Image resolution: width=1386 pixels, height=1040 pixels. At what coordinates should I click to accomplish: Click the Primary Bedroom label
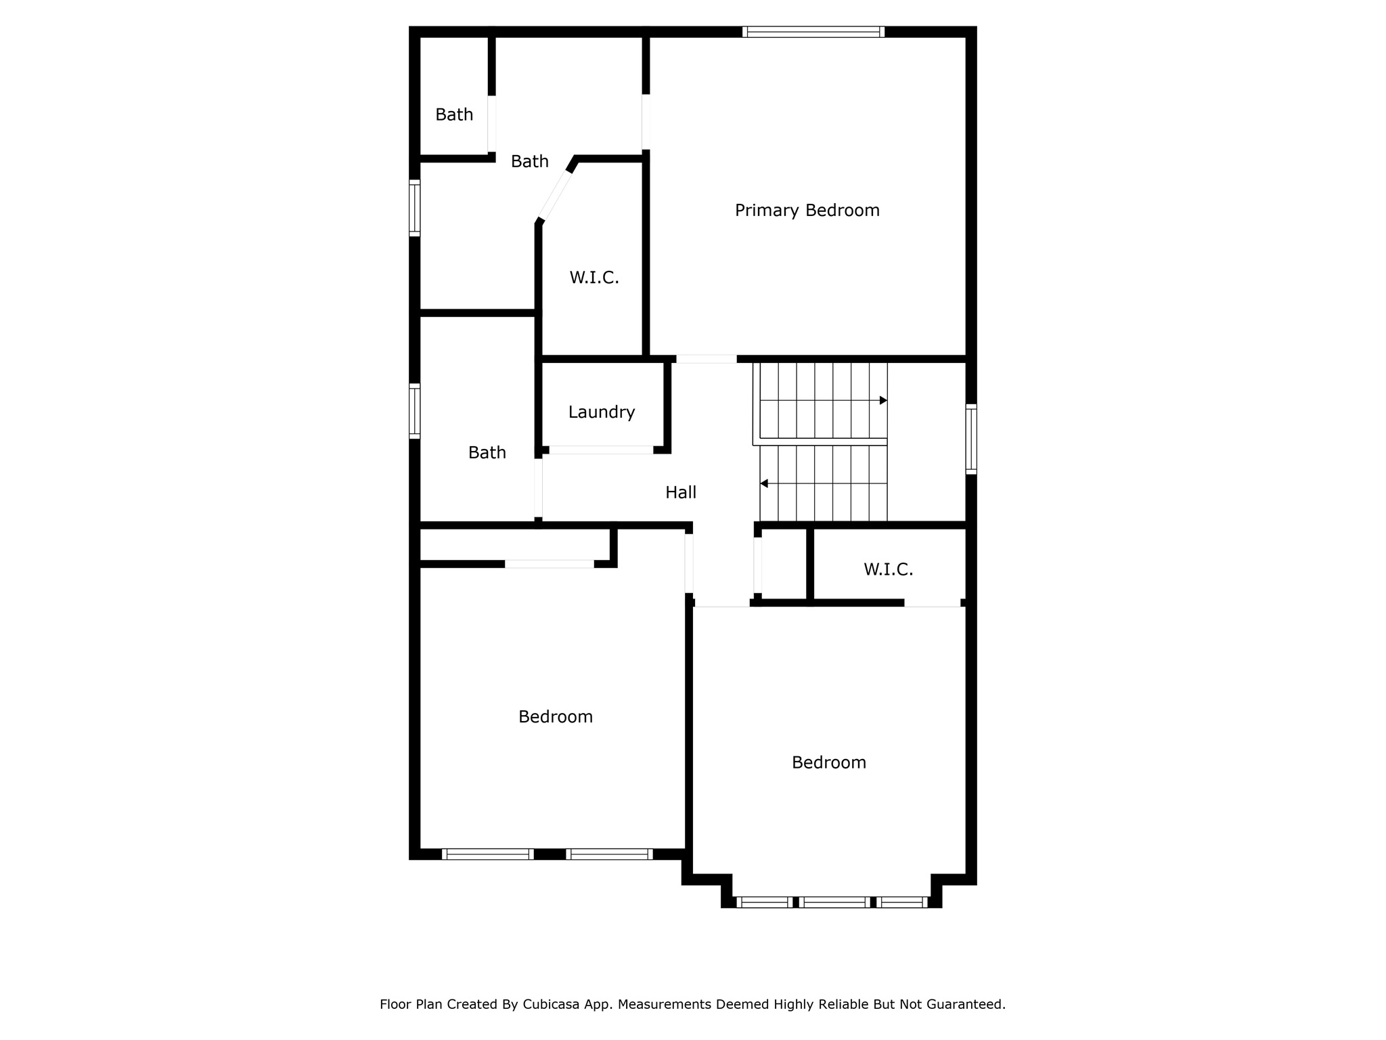click(807, 211)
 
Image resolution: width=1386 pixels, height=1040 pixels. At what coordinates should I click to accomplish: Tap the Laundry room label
click(601, 412)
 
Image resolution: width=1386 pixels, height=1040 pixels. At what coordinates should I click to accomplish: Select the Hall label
click(680, 492)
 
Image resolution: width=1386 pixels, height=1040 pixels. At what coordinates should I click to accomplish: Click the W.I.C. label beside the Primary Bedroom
click(594, 278)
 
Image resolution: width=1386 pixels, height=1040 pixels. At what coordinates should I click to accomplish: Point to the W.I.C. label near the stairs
click(888, 569)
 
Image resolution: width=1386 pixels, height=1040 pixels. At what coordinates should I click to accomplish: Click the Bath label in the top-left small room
click(453, 115)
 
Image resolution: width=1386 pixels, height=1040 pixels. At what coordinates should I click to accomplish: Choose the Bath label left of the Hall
click(487, 452)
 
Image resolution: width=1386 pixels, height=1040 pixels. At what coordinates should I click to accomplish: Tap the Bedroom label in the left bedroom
click(555, 716)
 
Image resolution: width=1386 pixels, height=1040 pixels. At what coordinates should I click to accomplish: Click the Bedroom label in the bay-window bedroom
click(828, 762)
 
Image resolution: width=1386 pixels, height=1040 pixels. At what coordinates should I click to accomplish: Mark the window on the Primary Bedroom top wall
click(813, 32)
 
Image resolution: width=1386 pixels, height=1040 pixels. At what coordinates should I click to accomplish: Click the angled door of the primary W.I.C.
click(555, 196)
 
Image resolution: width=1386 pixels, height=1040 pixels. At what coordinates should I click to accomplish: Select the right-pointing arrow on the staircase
click(882, 401)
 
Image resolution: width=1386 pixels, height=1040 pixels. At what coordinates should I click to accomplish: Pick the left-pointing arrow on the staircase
click(764, 483)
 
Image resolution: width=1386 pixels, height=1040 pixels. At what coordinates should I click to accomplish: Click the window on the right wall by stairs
click(970, 439)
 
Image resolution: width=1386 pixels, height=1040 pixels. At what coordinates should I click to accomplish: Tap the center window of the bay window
click(834, 902)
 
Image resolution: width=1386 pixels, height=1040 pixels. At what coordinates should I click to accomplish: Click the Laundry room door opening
click(601, 450)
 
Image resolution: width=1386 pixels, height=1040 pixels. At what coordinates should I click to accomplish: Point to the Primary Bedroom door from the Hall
click(706, 359)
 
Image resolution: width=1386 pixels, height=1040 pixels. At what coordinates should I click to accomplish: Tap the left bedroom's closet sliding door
click(549, 564)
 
